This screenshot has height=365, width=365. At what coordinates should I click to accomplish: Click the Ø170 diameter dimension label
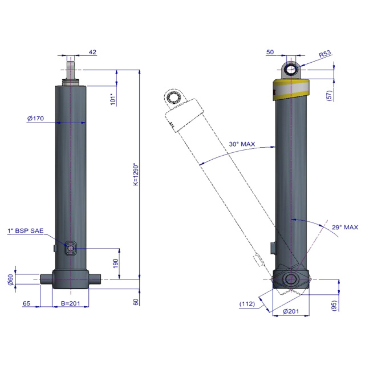click(x=35, y=119)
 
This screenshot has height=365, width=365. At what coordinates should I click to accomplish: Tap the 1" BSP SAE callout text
click(x=26, y=230)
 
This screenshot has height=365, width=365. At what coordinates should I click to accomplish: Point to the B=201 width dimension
click(x=70, y=303)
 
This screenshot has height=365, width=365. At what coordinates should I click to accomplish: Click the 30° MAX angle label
click(x=242, y=144)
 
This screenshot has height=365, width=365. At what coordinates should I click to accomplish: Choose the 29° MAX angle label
click(x=345, y=227)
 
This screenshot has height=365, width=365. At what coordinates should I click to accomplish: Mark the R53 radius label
click(x=325, y=54)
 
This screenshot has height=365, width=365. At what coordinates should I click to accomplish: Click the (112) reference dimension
click(x=247, y=304)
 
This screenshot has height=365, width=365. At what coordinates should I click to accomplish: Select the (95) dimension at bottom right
click(x=334, y=305)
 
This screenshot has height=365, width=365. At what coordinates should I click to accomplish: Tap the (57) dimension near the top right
click(x=330, y=95)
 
